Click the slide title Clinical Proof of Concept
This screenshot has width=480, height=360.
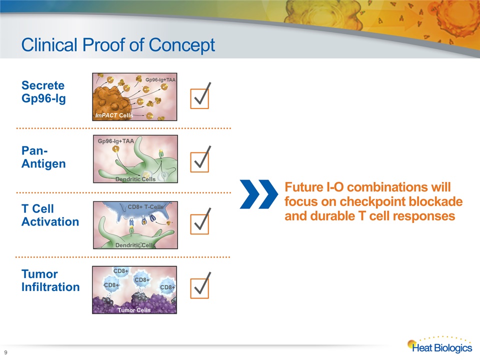point(118,45)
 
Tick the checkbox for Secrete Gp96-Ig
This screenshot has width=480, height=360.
point(199,98)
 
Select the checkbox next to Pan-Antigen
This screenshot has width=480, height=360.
point(199,162)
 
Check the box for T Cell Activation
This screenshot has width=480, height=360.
point(199,224)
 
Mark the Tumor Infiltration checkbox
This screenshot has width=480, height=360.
point(199,288)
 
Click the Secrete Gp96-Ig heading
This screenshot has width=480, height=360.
point(43,92)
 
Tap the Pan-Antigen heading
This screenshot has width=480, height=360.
point(43,157)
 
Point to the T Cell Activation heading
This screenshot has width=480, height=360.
point(50,215)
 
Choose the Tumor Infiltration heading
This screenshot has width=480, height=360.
point(50,280)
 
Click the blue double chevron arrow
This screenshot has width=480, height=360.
point(259,194)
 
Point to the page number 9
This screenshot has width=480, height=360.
point(5,352)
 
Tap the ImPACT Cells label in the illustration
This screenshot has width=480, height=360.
point(114,115)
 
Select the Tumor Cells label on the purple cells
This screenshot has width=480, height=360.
point(134,310)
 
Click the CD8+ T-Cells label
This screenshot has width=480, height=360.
point(145,207)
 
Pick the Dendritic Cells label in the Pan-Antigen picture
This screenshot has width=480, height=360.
point(135,179)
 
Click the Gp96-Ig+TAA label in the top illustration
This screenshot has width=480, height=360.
point(160,79)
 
